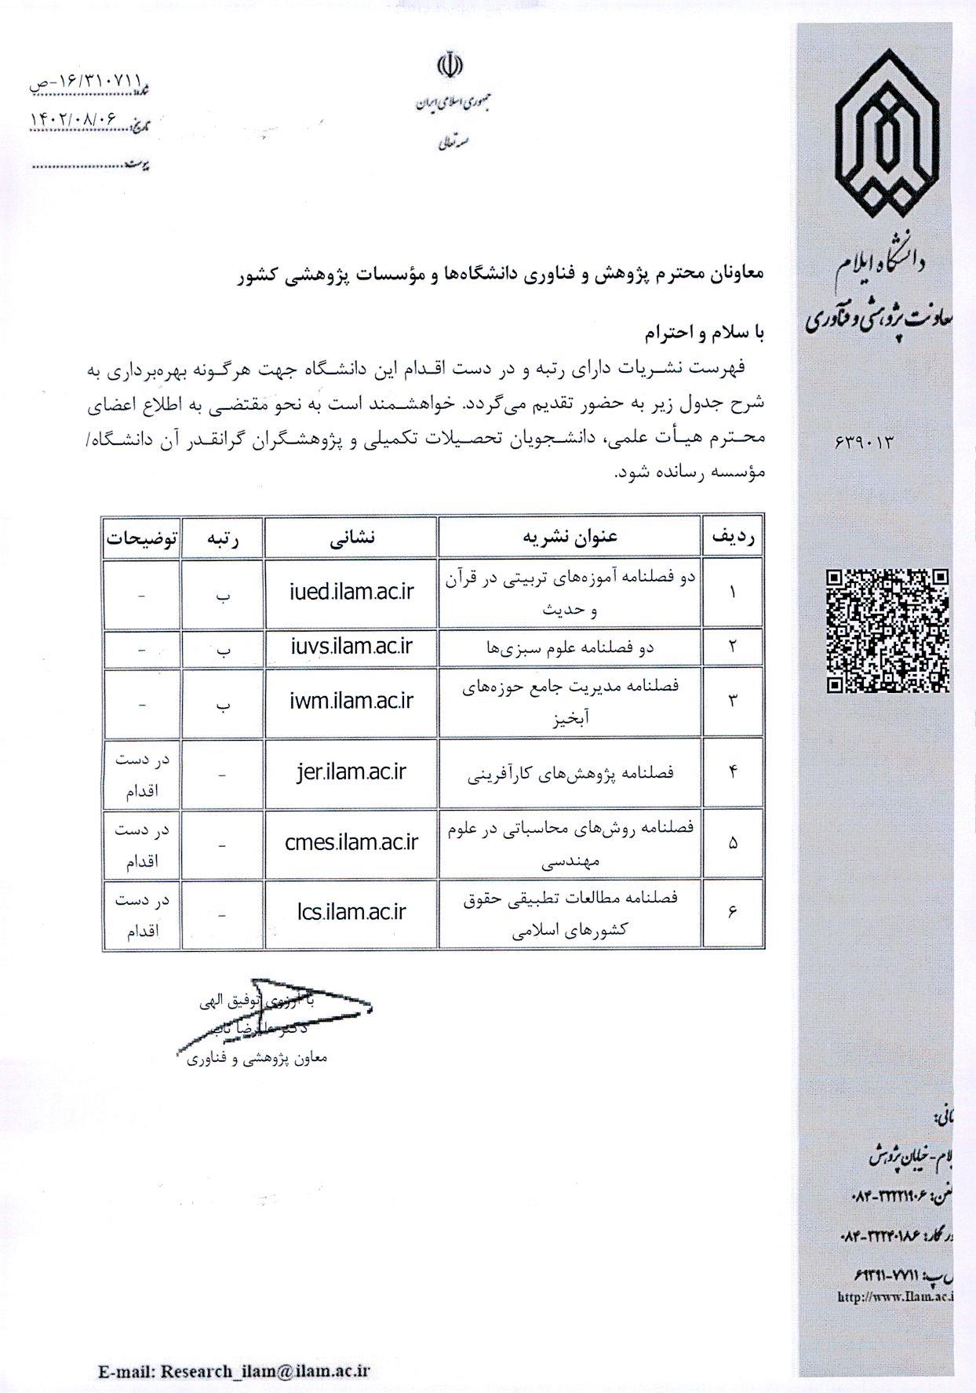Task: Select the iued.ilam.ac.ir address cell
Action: [351, 593]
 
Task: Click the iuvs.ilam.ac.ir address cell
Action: [351, 647]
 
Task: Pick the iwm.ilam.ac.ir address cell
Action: [351, 701]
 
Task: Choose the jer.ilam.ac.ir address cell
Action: [351, 772]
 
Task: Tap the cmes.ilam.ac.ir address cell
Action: [351, 842]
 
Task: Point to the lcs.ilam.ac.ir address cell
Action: [351, 912]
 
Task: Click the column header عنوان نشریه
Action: [570, 537]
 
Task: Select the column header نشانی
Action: [351, 537]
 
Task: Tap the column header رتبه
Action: [223, 538]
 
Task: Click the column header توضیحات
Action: [142, 538]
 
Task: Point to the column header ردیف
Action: [732, 537]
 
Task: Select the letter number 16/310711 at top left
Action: [86, 81]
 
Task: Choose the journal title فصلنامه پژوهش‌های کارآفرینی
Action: [570, 774]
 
